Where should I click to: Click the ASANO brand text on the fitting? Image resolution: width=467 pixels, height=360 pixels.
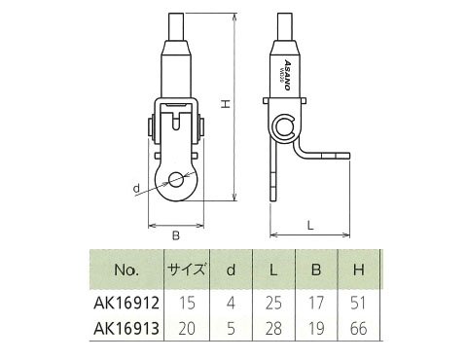click(287, 75)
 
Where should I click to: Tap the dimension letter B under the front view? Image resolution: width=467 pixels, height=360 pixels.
click(176, 235)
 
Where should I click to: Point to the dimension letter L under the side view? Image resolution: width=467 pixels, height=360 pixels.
click(310, 226)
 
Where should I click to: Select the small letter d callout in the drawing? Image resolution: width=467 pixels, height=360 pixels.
click(136, 188)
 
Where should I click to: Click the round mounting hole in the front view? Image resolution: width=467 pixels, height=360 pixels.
click(176, 179)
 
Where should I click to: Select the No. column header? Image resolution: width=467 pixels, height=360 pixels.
click(126, 270)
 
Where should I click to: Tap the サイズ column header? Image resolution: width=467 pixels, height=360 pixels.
click(187, 270)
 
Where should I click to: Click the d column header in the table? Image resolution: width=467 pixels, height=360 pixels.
click(231, 270)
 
